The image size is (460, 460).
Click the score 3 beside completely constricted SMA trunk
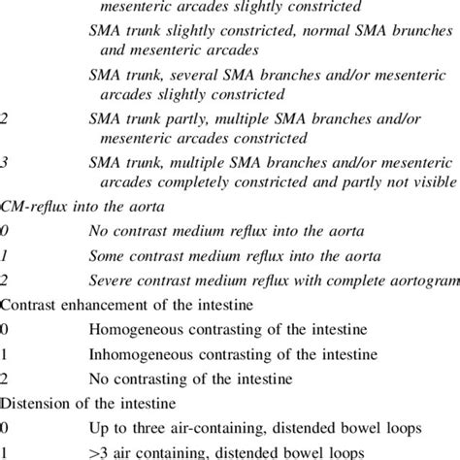(x=5, y=164)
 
